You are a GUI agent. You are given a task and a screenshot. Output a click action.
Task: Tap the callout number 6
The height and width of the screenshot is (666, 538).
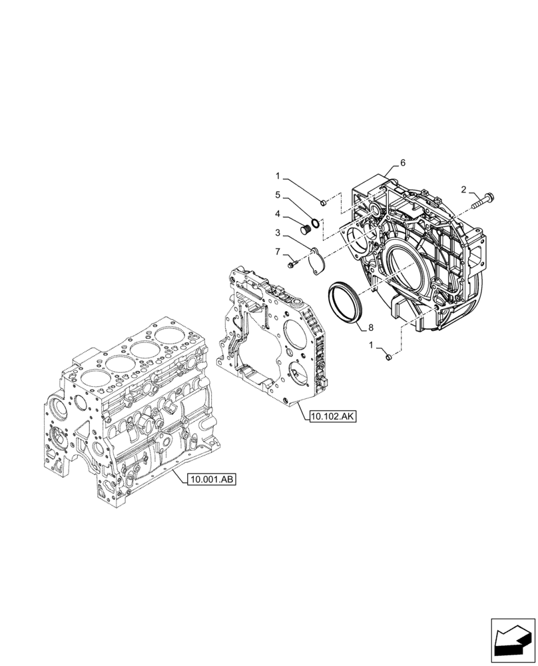click(x=403, y=163)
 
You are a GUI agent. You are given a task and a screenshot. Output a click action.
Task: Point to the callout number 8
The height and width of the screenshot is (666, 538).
click(x=371, y=327)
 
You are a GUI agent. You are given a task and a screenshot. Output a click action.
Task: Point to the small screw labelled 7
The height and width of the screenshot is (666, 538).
click(x=292, y=265)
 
